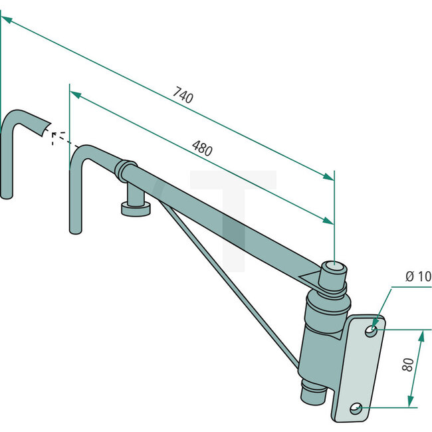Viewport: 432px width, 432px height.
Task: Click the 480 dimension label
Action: click(202, 148)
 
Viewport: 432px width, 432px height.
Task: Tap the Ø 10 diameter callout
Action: click(417, 276)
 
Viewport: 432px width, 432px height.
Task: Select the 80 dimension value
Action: click(408, 364)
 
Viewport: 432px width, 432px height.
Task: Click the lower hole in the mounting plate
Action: click(356, 407)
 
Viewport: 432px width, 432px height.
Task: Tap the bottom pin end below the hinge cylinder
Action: click(310, 394)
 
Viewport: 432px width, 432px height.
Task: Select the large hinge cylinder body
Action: click(322, 339)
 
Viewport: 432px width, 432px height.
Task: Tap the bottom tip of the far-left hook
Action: click(7, 195)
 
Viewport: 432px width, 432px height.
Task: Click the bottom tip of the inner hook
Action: click(75, 230)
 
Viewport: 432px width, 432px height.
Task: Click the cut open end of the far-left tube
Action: click(45, 127)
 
